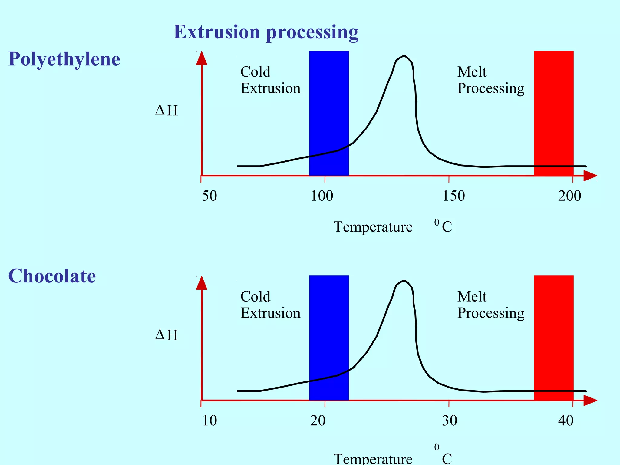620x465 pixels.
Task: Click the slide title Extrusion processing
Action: click(x=266, y=32)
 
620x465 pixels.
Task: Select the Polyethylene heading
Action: click(x=64, y=59)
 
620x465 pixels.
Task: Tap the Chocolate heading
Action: click(x=52, y=276)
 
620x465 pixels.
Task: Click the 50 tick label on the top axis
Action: click(x=209, y=196)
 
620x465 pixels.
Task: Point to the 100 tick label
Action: click(x=322, y=196)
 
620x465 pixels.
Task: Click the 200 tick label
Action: click(x=569, y=196)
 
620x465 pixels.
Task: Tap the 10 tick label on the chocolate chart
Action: click(x=209, y=420)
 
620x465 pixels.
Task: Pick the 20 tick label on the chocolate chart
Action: click(x=318, y=420)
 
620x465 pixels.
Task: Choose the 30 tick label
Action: click(x=450, y=420)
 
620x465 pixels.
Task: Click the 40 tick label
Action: click(x=566, y=420)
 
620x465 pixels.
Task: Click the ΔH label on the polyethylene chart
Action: click(x=167, y=110)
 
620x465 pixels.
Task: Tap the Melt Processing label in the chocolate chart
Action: click(x=490, y=305)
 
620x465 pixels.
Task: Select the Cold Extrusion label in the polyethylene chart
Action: click(x=270, y=80)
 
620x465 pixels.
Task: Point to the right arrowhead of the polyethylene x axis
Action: click(x=590, y=176)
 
